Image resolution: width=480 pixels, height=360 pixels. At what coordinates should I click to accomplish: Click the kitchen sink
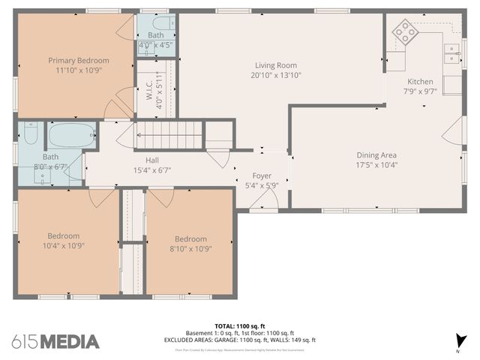(x=451, y=50)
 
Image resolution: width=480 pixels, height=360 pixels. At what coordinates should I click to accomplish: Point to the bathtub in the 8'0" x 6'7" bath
(x=72, y=136)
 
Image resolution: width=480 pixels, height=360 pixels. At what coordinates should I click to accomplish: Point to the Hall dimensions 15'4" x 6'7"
(x=152, y=170)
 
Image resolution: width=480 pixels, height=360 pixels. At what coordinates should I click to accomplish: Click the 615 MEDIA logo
(x=55, y=342)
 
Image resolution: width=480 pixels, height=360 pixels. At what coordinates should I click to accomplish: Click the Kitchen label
(x=419, y=81)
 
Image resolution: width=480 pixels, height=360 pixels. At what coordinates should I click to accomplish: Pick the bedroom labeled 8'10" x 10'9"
(x=188, y=244)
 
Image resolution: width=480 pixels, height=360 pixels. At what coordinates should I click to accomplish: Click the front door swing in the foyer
(x=265, y=199)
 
